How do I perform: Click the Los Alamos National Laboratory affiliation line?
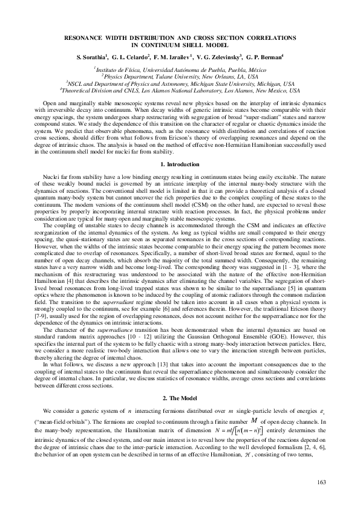tap(180, 91)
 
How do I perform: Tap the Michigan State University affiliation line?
tap(180, 84)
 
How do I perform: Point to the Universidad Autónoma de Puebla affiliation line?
tap(180, 71)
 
